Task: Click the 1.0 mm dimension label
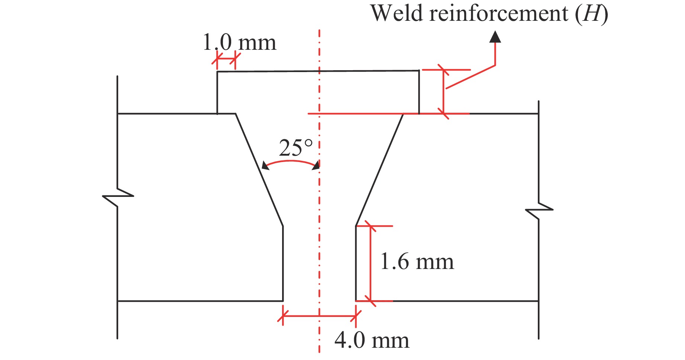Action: tap(239, 43)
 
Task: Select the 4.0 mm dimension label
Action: tap(372, 340)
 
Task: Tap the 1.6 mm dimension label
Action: tap(417, 262)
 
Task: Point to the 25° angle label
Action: tap(296, 148)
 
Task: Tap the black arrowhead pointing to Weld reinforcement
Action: tap(495, 37)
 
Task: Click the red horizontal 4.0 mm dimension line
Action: tap(319, 316)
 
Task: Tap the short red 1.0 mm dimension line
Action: tap(226, 59)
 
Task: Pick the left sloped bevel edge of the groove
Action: tap(259, 169)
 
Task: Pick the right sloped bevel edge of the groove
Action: tap(379, 169)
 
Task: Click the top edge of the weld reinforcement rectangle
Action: tap(318, 71)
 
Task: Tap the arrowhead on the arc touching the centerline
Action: tap(316, 166)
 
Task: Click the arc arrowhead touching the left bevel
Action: tap(265, 166)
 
